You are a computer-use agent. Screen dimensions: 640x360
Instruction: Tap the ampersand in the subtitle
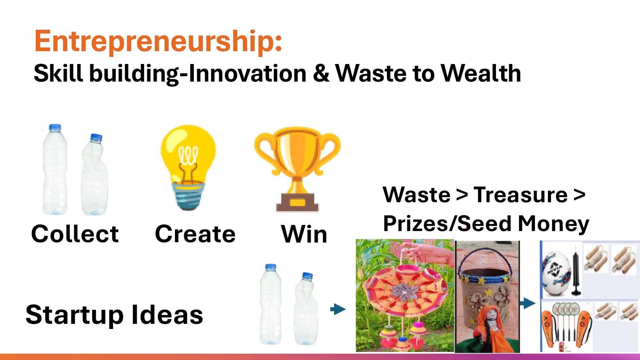click(321, 74)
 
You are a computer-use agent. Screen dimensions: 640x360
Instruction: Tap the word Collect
click(75, 234)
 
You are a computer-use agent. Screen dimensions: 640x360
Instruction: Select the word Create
click(195, 234)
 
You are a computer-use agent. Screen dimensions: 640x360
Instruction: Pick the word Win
click(304, 234)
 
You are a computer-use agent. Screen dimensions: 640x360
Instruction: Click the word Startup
click(75, 316)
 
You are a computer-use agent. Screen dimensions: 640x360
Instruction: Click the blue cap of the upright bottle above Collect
click(55, 127)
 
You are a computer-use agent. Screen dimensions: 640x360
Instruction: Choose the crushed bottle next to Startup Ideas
click(306, 308)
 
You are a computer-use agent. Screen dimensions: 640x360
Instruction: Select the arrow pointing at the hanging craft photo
click(338, 309)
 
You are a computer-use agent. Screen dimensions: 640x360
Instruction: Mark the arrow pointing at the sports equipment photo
click(528, 303)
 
